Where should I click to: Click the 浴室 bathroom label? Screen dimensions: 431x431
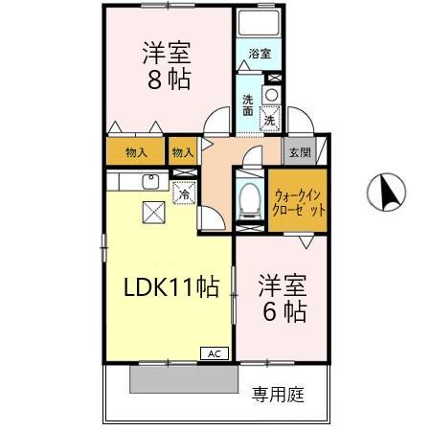pos(261,55)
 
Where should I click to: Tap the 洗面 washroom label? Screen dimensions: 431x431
pos(247,104)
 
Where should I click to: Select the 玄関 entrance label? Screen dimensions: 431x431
pos(298,152)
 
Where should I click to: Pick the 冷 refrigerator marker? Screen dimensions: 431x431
pos(182,193)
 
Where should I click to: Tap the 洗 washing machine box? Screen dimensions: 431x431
pos(270,121)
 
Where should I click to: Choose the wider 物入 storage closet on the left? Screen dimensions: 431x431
pos(135,151)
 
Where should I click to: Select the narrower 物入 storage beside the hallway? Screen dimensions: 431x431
pos(182,151)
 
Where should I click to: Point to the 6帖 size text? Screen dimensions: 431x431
pos(284,311)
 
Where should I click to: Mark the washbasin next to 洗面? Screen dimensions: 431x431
pos(270,94)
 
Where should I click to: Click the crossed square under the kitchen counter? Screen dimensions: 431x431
pos(152,213)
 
